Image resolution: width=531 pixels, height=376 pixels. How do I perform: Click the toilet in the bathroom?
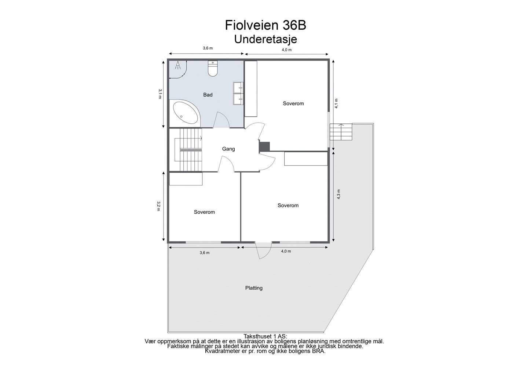213,69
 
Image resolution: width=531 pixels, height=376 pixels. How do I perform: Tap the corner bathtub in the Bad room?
185,113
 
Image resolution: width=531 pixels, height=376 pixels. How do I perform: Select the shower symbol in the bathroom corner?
178,65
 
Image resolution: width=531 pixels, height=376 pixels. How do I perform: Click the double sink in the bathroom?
238,93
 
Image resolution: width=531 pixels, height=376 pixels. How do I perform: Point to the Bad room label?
208,95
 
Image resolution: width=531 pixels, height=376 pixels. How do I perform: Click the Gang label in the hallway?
228,149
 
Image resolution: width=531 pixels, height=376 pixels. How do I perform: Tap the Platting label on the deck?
254,288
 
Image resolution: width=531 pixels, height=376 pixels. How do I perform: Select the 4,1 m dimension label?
336,103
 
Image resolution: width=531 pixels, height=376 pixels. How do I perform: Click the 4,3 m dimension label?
338,194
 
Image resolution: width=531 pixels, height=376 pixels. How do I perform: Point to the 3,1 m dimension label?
160,94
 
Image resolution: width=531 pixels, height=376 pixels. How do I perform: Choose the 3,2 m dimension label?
158,206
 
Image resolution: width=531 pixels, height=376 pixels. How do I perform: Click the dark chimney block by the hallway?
264,147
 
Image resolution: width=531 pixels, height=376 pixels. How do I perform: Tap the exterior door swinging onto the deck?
263,250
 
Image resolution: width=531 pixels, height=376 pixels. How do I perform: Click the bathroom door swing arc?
221,120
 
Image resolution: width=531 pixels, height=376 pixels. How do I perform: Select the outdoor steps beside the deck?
341,132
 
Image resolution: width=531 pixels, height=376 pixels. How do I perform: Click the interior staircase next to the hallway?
188,150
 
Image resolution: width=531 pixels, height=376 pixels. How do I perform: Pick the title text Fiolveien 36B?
265,25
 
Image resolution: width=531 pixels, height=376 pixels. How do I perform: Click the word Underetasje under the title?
265,39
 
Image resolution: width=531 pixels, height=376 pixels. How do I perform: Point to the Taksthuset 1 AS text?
265,336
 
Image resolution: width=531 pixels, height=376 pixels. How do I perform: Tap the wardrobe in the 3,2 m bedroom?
186,179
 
